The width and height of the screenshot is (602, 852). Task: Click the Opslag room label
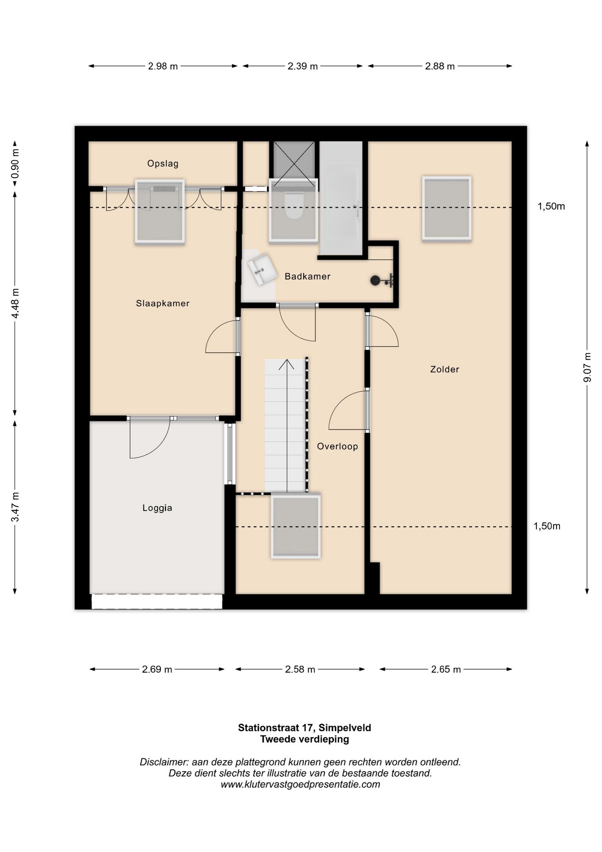(x=163, y=164)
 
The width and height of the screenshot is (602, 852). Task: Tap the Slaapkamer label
(x=163, y=304)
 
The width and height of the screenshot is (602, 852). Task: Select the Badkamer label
(x=308, y=276)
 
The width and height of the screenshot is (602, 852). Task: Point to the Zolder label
(x=445, y=369)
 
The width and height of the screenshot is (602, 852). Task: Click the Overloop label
(x=337, y=446)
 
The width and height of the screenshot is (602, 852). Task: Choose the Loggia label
(x=157, y=508)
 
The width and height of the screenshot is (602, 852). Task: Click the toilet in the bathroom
(x=293, y=206)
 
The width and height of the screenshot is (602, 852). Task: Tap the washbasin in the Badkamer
(x=262, y=269)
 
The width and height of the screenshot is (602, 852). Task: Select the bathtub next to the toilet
(x=341, y=198)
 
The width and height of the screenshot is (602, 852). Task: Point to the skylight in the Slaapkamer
(x=160, y=212)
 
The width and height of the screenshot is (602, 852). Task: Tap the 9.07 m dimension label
(x=587, y=367)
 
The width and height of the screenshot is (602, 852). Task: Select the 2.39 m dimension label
(x=303, y=67)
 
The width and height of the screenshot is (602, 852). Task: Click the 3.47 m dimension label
(x=15, y=507)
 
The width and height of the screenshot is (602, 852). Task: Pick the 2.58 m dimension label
(x=300, y=669)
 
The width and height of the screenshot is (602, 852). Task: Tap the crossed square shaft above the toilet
(x=294, y=160)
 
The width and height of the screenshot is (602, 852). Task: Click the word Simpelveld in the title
(x=345, y=728)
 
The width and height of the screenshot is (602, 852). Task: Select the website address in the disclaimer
(x=301, y=784)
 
